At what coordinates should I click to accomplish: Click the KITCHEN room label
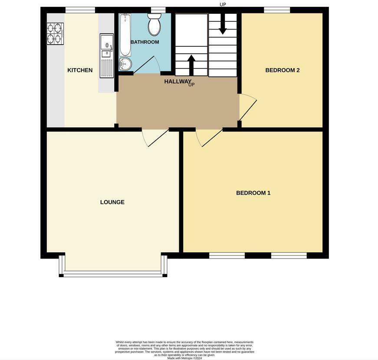click(x=80, y=70)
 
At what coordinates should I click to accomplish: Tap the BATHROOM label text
click(x=145, y=42)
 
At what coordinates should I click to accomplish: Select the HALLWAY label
click(x=177, y=81)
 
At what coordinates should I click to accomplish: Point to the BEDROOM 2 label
click(x=283, y=70)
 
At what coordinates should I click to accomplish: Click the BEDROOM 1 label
click(x=253, y=193)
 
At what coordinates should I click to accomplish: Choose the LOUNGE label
click(x=112, y=202)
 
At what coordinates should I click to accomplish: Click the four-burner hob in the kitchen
click(x=55, y=33)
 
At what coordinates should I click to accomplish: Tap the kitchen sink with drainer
click(x=106, y=56)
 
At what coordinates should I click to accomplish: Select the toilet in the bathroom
click(x=154, y=25)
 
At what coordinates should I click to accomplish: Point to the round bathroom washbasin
click(x=125, y=64)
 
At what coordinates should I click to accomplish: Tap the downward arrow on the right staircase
click(x=223, y=24)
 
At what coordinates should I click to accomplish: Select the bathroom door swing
click(x=145, y=65)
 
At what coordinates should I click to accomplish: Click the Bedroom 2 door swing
click(x=248, y=107)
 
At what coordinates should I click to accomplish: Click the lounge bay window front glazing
click(x=113, y=274)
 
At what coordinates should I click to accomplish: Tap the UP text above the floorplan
click(x=223, y=5)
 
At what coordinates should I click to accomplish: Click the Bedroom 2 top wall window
click(x=277, y=10)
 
